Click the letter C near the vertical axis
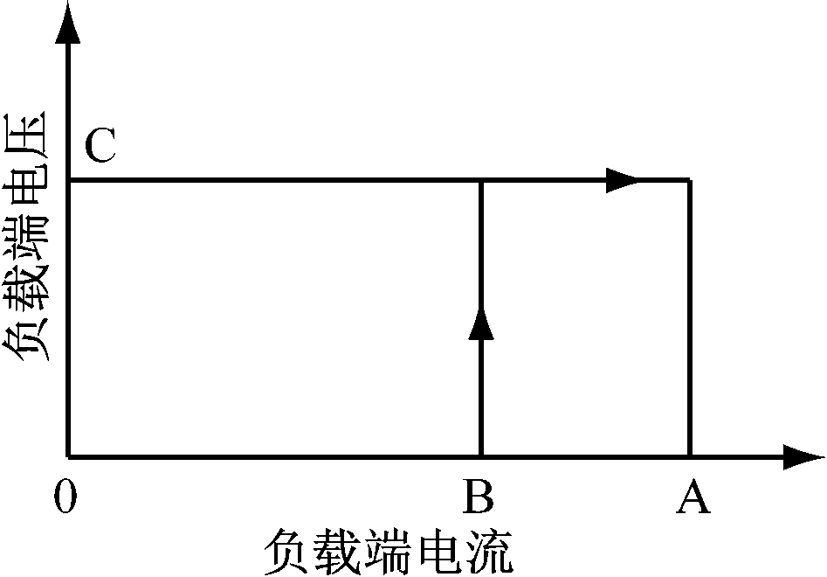point(100,145)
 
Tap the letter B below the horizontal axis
point(479,496)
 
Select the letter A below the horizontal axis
point(693,496)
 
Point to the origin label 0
point(65,497)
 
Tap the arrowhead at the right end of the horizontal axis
point(803,456)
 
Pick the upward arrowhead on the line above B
point(481,323)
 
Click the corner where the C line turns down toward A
point(689,181)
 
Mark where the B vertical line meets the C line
point(481,181)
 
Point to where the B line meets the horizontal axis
point(481,456)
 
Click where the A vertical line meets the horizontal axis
point(689,456)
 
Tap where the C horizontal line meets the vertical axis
point(68,181)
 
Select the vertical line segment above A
point(689,318)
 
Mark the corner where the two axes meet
point(68,456)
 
